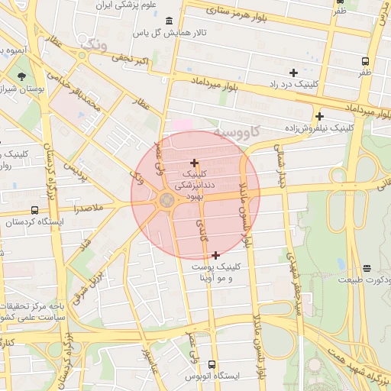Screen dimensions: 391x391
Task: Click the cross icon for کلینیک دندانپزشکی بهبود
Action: click(194, 163)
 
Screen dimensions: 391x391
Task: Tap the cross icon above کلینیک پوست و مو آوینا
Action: click(216, 255)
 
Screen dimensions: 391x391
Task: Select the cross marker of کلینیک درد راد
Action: click(293, 73)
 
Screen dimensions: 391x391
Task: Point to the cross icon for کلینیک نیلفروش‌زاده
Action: click(319, 116)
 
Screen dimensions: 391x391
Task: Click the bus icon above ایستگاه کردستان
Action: click(34, 210)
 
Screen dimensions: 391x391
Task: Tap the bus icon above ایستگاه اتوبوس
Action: click(212, 365)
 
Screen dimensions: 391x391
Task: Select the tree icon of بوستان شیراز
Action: click(21, 76)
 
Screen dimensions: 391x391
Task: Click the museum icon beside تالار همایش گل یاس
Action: click(168, 20)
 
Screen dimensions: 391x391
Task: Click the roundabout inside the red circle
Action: click(166, 201)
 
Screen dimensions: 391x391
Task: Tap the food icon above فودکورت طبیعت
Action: click(367, 268)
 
